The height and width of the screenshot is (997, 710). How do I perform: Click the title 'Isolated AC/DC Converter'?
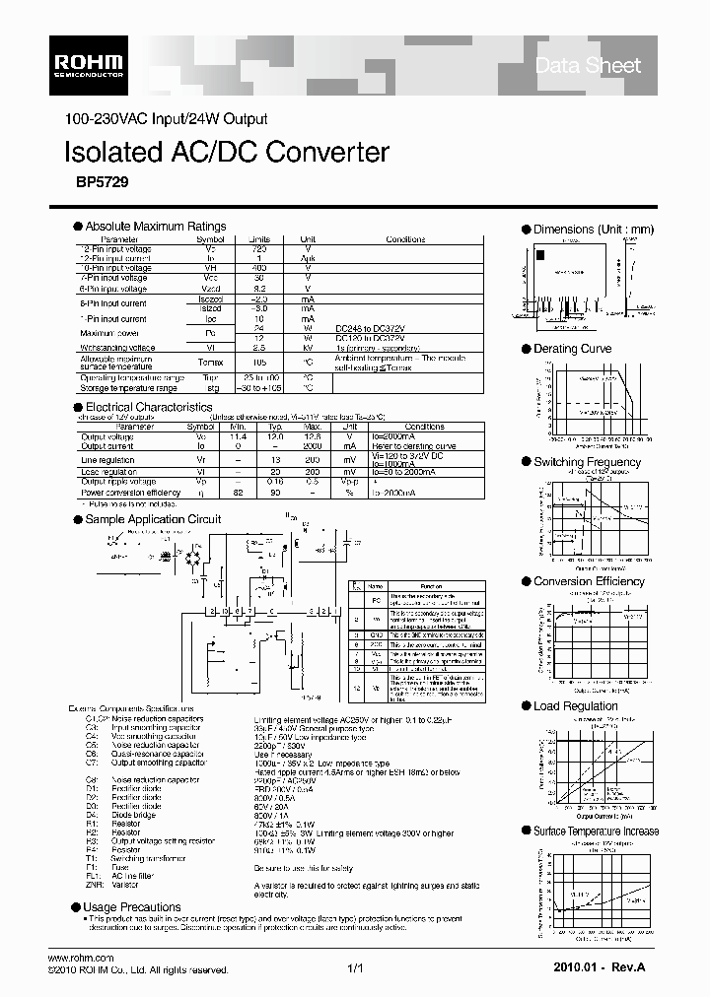point(226,152)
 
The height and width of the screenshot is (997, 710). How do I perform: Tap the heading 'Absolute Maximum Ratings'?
point(155,226)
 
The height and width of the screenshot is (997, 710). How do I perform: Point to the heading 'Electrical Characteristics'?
point(148,406)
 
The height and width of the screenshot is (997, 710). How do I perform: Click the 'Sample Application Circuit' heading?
point(153,519)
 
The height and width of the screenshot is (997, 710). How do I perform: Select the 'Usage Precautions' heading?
point(132,906)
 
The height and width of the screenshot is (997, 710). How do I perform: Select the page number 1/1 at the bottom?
point(356,969)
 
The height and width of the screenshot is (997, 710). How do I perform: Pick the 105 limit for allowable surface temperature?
point(259,361)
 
